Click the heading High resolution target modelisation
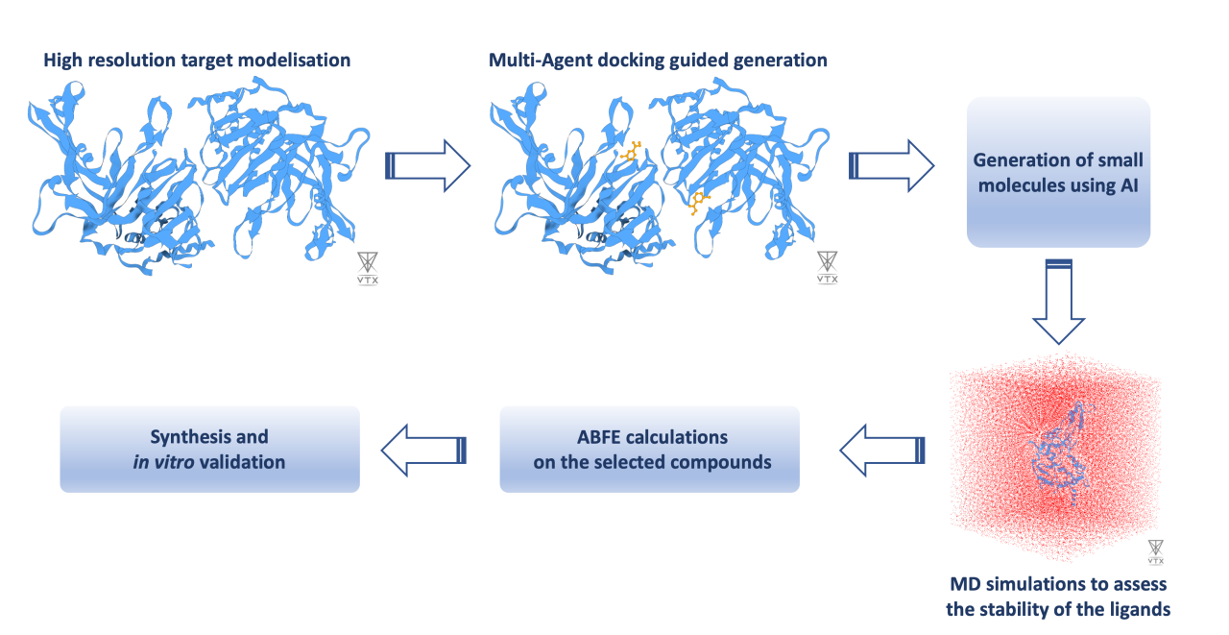(197, 61)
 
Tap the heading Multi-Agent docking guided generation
(658, 61)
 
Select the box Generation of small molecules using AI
(1058, 172)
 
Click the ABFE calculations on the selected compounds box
(650, 450)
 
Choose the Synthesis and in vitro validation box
(209, 450)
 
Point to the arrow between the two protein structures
(427, 166)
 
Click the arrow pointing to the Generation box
(891, 166)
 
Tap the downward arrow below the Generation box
(1058, 302)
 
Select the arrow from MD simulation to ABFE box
(882, 449)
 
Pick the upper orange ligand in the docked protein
(631, 152)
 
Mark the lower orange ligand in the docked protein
(698, 200)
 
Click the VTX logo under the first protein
(367, 268)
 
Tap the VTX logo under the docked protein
(827, 268)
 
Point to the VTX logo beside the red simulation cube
(1155, 550)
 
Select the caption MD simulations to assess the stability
(1058, 596)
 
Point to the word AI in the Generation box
(1127, 184)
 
